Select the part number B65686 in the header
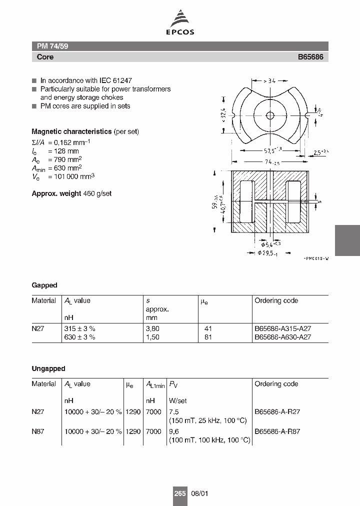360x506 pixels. [310, 57]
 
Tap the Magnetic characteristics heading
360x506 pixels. [71, 131]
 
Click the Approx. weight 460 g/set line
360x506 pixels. [71, 193]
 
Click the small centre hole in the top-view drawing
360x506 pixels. [270, 115]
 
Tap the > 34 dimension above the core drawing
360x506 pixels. [270, 80]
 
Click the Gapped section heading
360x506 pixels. [44, 285]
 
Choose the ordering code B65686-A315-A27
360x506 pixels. [283, 328]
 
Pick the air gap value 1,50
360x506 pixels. [153, 337]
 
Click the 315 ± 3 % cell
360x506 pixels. [79, 328]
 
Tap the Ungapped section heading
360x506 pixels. [48, 368]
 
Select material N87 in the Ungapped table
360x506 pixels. [38, 431]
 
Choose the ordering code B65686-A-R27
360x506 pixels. [277, 412]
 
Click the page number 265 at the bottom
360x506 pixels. [180, 493]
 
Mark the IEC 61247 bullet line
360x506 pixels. [86, 80]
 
